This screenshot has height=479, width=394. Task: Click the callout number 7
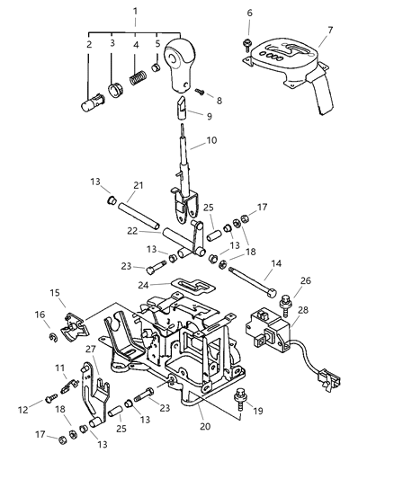(329, 29)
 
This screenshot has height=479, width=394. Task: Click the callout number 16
(40, 315)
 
